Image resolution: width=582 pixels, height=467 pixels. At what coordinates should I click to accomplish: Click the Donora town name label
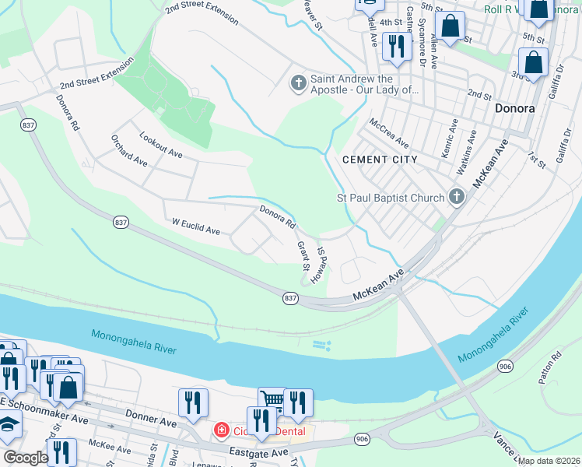click(514, 109)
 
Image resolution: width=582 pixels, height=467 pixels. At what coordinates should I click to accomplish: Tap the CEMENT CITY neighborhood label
click(380, 160)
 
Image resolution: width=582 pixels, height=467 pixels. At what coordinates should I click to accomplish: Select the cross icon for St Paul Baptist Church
click(457, 198)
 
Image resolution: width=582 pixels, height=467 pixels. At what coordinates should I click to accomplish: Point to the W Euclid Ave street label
click(196, 226)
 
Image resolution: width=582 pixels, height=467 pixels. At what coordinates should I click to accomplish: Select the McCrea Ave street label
click(389, 133)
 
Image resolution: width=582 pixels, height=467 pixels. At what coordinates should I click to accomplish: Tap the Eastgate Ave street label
click(259, 451)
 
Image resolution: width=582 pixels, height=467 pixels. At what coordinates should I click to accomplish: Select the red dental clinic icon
click(222, 430)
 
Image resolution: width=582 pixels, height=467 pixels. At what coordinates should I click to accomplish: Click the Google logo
click(26, 458)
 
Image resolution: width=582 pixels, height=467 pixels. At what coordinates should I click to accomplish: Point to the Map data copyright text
click(549, 461)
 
